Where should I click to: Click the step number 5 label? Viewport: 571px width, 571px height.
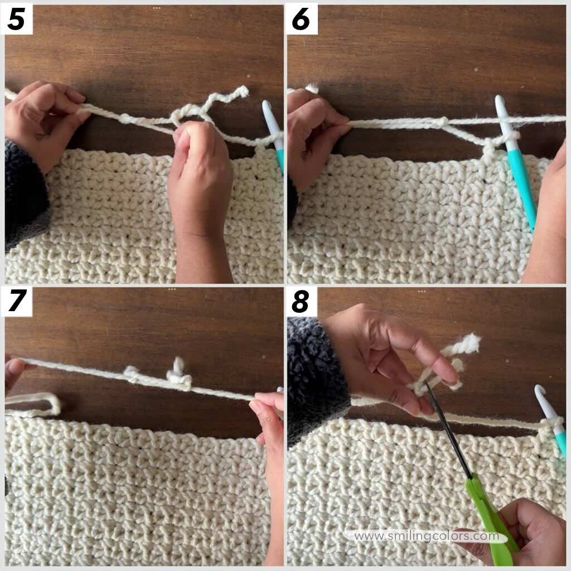[x=16, y=20]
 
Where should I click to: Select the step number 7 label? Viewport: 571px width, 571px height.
[x=17, y=302]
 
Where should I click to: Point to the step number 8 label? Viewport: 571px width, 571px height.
[x=301, y=302]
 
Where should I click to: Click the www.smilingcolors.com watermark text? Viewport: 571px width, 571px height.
[x=427, y=536]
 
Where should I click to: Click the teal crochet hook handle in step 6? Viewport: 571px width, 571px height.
[x=521, y=184]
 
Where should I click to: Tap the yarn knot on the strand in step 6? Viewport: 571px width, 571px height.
[x=441, y=122]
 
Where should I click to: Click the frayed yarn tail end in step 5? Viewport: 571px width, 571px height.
[x=241, y=92]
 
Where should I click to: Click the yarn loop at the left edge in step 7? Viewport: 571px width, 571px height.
[x=39, y=403]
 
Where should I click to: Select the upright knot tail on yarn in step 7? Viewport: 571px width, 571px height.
[x=178, y=368]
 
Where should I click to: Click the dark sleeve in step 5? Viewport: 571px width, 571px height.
[x=25, y=195]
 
